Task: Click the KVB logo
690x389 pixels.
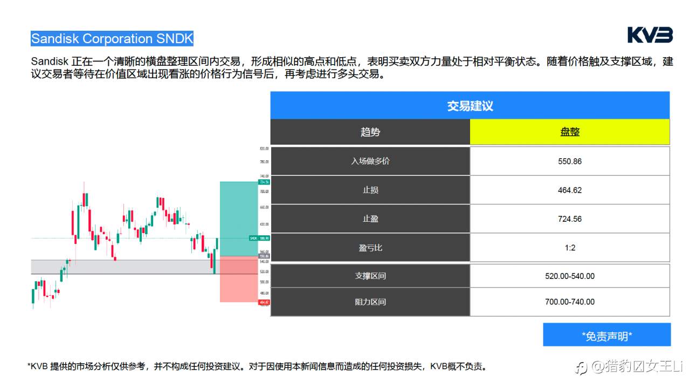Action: point(650,35)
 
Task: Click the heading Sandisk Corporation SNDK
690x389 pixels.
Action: point(112,39)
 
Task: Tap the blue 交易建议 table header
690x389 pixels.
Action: point(470,106)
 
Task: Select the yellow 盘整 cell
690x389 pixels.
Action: point(570,132)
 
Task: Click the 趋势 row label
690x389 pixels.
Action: point(370,132)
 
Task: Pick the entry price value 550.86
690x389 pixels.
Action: point(570,161)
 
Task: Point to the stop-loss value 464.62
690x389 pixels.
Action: point(570,190)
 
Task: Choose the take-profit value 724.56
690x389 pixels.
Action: point(570,219)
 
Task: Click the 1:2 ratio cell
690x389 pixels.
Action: point(570,248)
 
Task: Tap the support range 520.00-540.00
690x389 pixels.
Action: point(570,276)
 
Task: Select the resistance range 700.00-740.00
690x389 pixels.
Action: point(570,302)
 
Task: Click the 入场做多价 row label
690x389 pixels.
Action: point(370,161)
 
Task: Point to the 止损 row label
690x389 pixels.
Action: point(370,190)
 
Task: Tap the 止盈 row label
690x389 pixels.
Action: point(370,219)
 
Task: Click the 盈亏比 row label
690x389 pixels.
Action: point(370,248)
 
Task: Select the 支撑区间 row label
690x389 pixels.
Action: point(370,276)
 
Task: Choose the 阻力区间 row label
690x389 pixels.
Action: point(370,302)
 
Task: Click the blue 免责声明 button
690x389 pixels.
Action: point(606,336)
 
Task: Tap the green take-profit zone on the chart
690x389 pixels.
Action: point(239,216)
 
